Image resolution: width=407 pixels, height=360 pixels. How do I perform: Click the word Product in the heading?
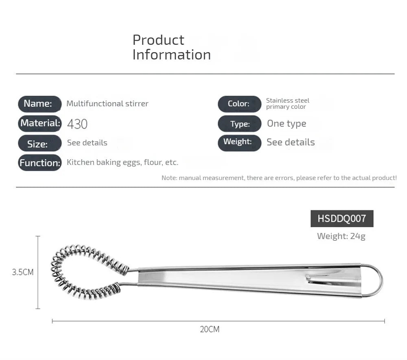click(158, 40)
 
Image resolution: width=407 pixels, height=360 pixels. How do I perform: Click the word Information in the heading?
click(172, 55)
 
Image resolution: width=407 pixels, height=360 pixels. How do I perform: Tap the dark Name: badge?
click(40, 104)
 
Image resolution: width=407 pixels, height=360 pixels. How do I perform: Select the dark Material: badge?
click(40, 123)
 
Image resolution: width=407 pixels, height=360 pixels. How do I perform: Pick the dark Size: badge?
click(40, 143)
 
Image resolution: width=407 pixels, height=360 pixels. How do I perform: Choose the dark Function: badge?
click(40, 162)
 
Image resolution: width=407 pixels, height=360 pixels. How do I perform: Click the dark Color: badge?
click(239, 104)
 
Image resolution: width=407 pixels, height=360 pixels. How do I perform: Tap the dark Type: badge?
click(239, 124)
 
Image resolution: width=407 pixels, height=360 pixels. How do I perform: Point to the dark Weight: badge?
click(239, 143)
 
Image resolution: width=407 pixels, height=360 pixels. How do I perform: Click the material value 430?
click(77, 124)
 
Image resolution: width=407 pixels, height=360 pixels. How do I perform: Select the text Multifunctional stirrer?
click(107, 103)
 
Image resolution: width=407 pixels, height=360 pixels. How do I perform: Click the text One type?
click(287, 124)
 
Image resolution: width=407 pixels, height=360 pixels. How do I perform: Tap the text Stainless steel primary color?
click(288, 103)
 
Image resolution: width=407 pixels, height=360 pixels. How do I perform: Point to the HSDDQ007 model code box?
click(342, 219)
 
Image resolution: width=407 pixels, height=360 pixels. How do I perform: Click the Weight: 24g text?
click(341, 236)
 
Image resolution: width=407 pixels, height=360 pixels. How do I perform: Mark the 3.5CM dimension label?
click(23, 272)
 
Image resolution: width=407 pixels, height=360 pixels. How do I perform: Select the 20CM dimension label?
click(210, 329)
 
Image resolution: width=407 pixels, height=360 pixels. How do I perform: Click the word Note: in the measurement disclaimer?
click(169, 178)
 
